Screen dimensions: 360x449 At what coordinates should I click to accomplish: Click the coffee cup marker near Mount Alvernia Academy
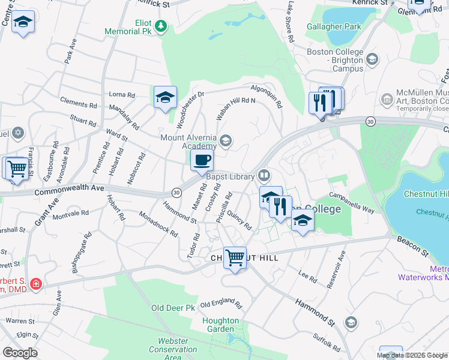point(202,160)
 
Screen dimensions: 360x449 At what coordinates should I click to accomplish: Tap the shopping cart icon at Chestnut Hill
point(235,258)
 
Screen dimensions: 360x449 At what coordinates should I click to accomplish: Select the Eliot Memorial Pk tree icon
point(161,26)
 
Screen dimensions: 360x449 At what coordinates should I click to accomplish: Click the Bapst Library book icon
point(264,176)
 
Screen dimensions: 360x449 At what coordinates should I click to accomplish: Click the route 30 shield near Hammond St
point(176,193)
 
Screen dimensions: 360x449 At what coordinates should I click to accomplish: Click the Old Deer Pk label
point(173,308)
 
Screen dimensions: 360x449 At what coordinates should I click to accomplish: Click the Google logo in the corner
point(20,352)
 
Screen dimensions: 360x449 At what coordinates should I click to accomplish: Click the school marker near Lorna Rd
point(165,98)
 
